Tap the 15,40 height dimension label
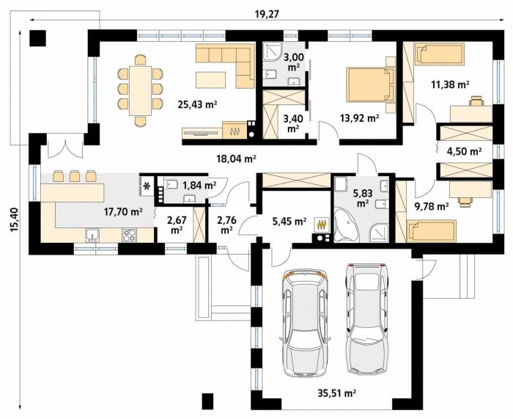(x=14, y=220)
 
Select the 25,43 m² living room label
(x=198, y=104)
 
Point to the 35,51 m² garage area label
(x=336, y=393)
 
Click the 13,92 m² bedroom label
(x=360, y=118)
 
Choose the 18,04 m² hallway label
(x=236, y=159)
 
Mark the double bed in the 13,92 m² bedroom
(x=371, y=85)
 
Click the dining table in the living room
(x=140, y=91)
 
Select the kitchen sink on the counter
(x=92, y=236)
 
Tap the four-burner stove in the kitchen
(x=129, y=236)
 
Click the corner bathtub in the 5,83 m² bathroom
(x=347, y=226)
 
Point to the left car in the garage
(x=305, y=323)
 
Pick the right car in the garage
(x=366, y=318)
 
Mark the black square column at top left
(x=37, y=38)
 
